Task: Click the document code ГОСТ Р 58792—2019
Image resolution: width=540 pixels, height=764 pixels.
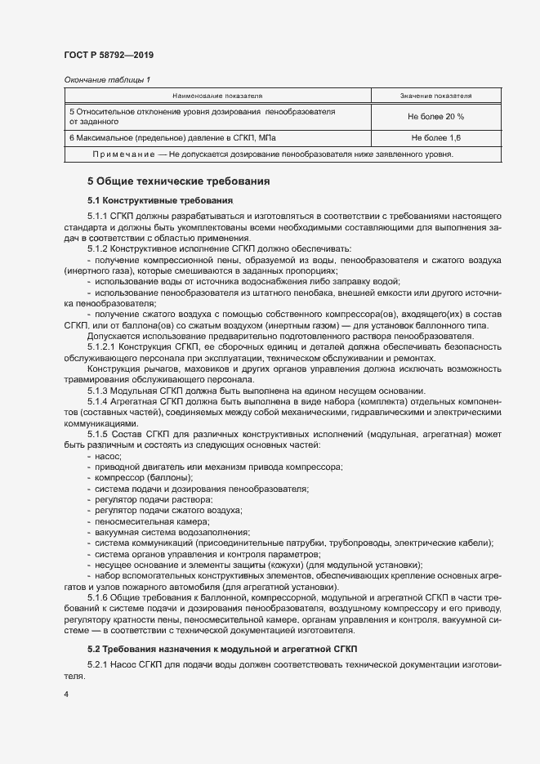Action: point(108,55)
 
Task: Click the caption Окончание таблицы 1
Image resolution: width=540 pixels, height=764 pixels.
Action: point(107,79)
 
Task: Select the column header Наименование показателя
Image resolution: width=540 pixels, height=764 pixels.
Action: point(216,96)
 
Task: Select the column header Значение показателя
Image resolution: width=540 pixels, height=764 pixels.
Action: point(435,96)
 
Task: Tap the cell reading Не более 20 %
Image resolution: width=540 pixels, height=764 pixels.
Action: point(435,116)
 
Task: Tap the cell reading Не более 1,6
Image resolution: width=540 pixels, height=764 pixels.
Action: point(435,137)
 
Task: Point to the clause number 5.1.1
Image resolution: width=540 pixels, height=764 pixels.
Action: point(99,214)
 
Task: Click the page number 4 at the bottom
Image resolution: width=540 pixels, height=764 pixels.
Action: point(65,695)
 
